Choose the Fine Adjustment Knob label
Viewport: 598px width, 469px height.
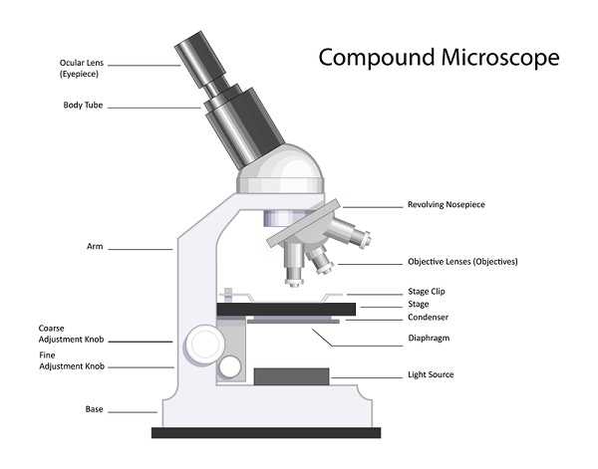tap(70, 360)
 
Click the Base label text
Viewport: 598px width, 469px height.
tap(96, 409)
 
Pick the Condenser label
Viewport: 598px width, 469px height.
tap(428, 318)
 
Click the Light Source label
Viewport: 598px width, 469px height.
tap(432, 374)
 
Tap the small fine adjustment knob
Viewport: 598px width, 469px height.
tap(230, 367)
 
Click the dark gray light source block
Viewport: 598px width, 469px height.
tap(291, 376)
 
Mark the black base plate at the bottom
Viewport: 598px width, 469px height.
tap(266, 432)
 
